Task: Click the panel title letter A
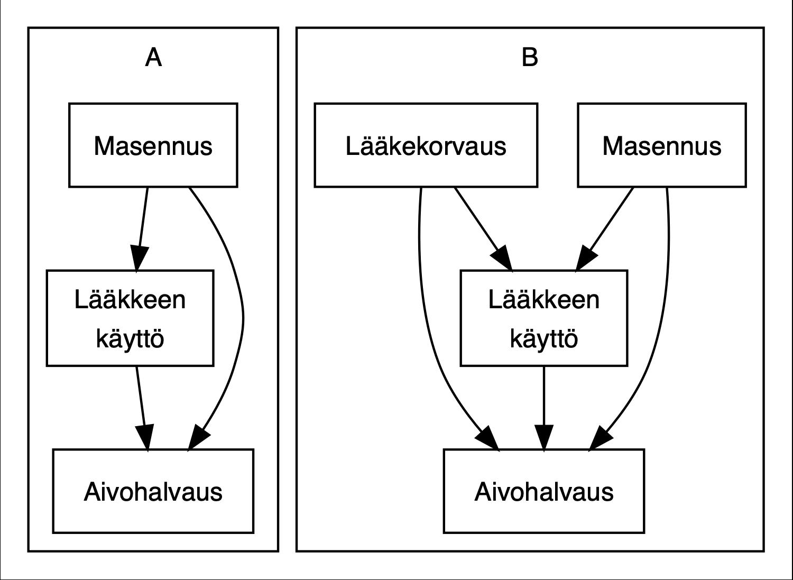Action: [153, 57]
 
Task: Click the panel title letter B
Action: [530, 57]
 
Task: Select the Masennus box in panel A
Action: [153, 145]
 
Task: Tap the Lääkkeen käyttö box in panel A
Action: [130, 318]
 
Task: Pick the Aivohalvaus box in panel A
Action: [153, 491]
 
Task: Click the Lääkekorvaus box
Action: [426, 145]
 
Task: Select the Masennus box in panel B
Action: [661, 145]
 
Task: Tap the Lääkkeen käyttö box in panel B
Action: [543, 318]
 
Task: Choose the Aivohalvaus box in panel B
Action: [543, 491]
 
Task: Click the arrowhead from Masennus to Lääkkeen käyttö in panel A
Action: [139, 259]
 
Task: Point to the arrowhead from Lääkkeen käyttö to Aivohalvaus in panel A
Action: [145, 437]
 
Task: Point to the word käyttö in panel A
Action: [130, 338]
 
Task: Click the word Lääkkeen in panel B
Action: [543, 300]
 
